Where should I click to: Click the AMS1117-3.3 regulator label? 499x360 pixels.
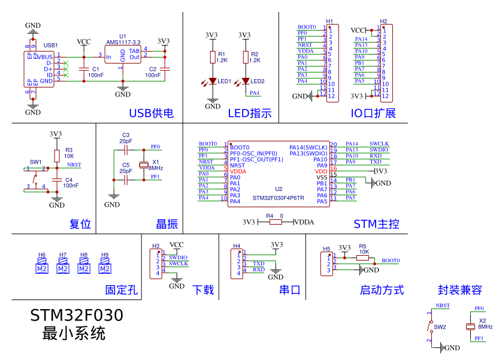[123, 42]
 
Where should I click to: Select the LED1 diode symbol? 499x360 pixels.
[213, 81]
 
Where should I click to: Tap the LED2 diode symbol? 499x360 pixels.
[246, 81]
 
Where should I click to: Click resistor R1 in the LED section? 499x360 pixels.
[213, 57]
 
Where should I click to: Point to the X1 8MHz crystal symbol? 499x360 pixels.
[144, 165]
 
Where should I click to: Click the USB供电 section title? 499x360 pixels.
[151, 114]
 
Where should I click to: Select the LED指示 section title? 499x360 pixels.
[249, 114]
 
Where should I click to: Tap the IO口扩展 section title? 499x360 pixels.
[373, 114]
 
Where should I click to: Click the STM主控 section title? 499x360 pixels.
[376, 225]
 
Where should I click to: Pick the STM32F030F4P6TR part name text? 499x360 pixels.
[278, 198]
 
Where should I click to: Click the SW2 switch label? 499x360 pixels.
[440, 327]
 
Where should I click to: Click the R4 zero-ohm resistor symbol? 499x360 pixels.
[275, 222]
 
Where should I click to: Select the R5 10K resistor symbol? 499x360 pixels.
[363, 257]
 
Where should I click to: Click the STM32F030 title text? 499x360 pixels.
[77, 316]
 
